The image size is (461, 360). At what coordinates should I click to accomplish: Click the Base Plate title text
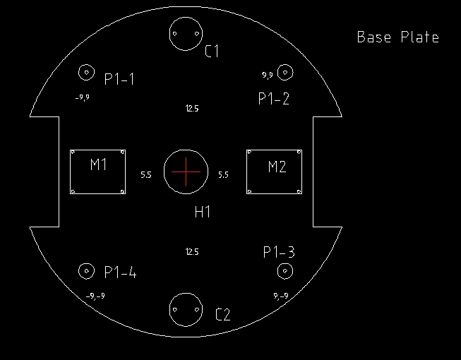click(398, 37)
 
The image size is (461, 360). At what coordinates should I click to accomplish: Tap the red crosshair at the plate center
click(186, 172)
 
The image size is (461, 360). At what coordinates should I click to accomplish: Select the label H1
click(203, 212)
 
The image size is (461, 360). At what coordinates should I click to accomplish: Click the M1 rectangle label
click(99, 164)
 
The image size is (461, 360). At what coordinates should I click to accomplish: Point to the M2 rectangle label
click(277, 167)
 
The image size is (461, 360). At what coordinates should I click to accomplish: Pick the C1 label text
click(212, 51)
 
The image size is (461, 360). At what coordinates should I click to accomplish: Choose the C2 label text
click(223, 314)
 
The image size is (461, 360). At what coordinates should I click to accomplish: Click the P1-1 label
click(119, 79)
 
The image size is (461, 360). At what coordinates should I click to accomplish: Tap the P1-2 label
click(274, 98)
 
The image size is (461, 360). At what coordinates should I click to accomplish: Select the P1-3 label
click(279, 252)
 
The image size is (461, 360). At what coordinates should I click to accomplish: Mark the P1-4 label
click(121, 272)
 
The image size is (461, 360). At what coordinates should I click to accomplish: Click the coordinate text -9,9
click(83, 97)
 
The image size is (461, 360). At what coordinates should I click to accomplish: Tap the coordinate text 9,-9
click(281, 296)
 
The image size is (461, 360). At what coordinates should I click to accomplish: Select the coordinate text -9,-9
click(95, 296)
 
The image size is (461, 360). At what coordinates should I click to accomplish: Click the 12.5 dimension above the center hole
click(192, 109)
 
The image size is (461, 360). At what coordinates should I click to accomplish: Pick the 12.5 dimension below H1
click(192, 252)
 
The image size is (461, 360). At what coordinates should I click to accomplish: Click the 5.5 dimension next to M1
click(146, 175)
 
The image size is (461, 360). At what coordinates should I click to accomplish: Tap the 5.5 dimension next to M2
click(224, 175)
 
